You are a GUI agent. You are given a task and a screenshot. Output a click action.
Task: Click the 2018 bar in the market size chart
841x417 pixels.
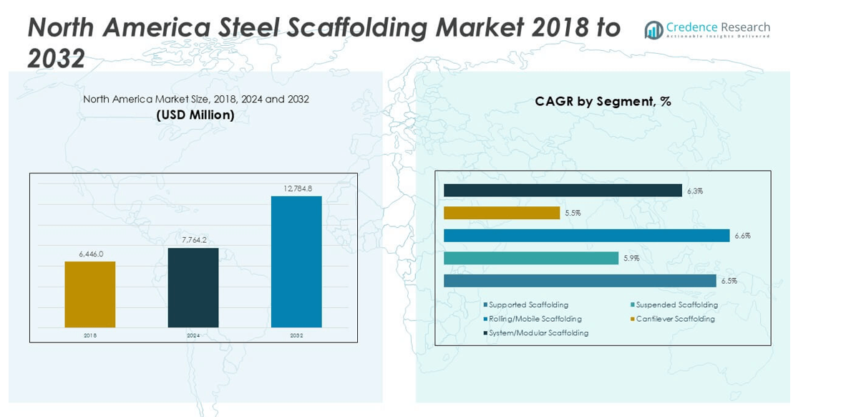tap(90, 294)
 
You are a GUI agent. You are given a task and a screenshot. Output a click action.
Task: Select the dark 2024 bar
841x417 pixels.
tap(193, 287)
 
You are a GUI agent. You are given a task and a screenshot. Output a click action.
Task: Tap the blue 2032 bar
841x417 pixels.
tap(296, 262)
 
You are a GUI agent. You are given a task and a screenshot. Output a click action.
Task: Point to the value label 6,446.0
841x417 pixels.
tap(91, 254)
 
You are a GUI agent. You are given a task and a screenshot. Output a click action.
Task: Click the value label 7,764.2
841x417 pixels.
tap(193, 241)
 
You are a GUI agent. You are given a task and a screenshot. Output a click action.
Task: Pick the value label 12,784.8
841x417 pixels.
tap(297, 188)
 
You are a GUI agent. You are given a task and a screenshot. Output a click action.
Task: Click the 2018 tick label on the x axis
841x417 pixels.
tap(90, 335)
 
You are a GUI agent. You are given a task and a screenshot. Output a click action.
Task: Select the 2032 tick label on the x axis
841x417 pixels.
tap(296, 335)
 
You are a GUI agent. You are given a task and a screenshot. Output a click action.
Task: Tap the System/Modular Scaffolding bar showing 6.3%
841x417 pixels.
tap(563, 191)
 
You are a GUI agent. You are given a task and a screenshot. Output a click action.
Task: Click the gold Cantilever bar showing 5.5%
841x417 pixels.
tap(502, 213)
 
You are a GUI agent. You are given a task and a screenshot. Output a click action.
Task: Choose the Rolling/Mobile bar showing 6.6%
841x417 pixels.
tap(586, 236)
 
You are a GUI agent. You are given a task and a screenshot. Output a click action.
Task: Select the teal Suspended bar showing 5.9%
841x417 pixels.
tap(531, 258)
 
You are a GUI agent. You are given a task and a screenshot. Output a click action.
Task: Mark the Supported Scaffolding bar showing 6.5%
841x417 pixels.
tap(580, 281)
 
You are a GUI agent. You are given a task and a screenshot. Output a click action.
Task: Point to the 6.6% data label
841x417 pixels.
tap(742, 236)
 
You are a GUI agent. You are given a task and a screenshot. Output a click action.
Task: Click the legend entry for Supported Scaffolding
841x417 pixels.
tap(528, 305)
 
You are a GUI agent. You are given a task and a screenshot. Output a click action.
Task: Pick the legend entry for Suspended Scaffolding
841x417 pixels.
tap(676, 305)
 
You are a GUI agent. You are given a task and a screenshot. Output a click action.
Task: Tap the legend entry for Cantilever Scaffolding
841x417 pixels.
tap(675, 319)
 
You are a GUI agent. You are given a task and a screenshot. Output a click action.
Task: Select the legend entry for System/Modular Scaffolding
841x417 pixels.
tap(538, 333)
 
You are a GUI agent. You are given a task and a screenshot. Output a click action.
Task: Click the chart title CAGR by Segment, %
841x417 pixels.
tap(603, 102)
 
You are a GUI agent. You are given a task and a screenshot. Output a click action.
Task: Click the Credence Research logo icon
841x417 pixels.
tap(653, 29)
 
